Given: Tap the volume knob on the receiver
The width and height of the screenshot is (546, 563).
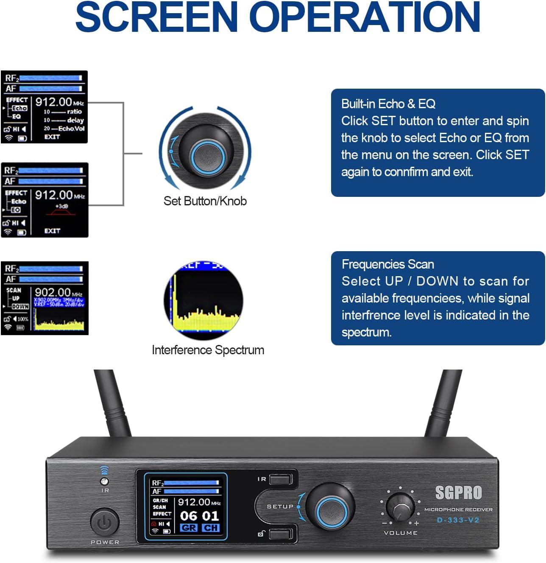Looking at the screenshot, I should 401,507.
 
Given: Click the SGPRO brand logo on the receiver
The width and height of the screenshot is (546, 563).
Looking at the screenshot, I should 459,493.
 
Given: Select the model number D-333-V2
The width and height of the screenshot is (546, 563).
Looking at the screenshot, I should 458,520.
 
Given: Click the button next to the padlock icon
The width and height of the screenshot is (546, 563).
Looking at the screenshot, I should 280,533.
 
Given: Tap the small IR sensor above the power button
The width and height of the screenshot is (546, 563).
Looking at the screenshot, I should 104,481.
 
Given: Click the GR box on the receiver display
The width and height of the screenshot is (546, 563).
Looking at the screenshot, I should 189,528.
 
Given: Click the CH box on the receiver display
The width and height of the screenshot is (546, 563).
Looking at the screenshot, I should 211,528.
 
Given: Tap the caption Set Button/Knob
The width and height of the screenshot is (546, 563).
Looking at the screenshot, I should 205,201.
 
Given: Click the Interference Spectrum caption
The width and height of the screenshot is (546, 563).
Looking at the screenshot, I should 208,350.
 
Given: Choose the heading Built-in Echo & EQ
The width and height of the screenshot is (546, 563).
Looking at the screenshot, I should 388,104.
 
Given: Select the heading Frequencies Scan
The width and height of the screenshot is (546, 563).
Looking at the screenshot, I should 388,264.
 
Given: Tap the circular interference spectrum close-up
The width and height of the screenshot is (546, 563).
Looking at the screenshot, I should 204,300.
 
